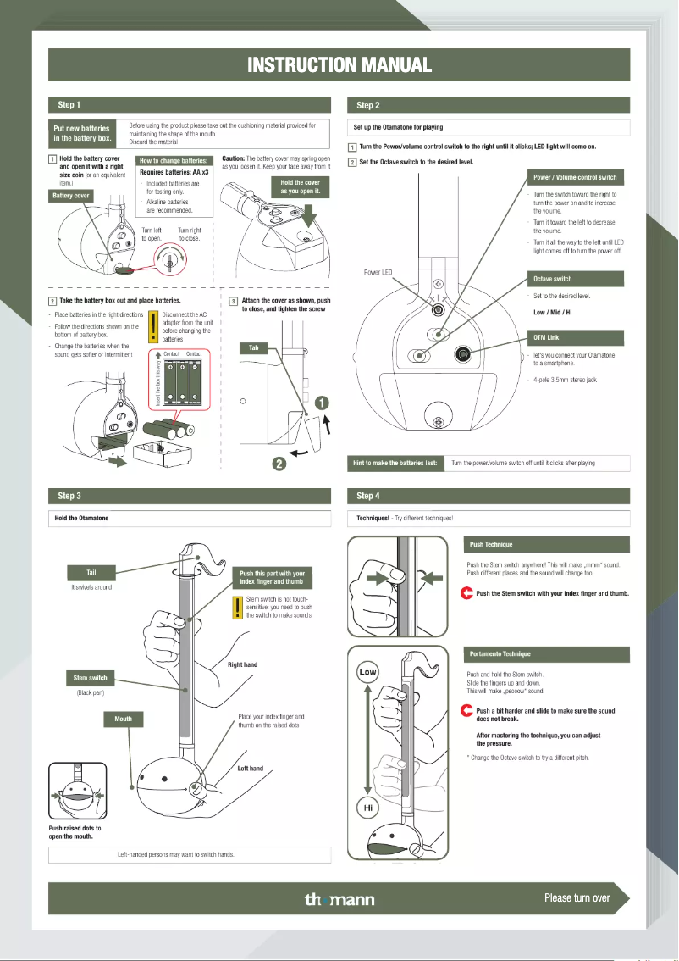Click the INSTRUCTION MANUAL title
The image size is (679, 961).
339,64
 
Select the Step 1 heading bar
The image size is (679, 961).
191,105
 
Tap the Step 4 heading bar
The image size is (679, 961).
489,496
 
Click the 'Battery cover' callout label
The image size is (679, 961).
71,196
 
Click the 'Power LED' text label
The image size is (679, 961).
378,273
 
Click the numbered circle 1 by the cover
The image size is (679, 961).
323,402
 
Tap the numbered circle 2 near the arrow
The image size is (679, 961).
278,462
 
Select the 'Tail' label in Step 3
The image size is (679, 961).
91,573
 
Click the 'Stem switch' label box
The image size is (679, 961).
91,678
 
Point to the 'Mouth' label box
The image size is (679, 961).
124,719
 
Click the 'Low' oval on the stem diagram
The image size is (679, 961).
368,672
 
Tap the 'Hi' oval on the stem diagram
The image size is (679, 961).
368,808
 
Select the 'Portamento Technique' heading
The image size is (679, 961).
500,654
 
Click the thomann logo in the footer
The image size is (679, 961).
339,899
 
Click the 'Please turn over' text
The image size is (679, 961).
577,897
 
